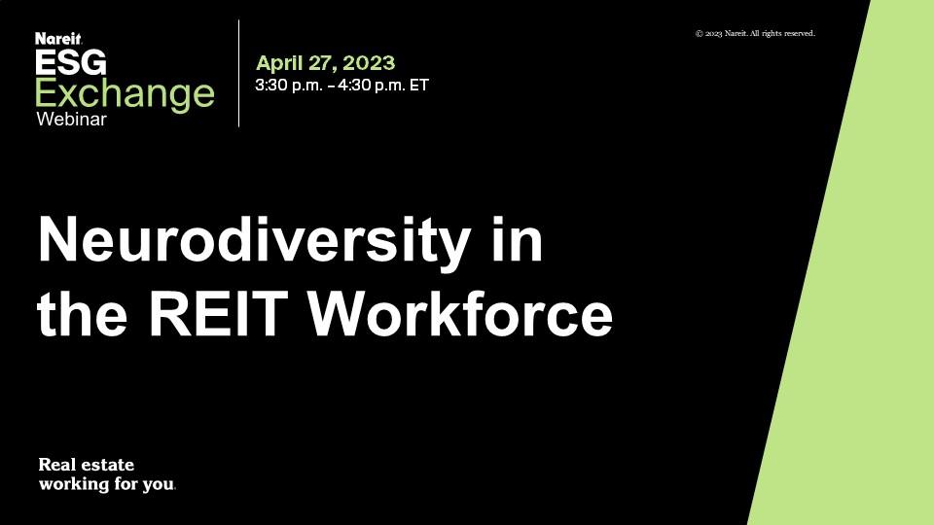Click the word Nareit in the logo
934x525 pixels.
pos(57,39)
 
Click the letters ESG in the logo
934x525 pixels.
pos(71,62)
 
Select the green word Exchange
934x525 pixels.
pos(125,94)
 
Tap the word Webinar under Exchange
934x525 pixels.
pos(71,119)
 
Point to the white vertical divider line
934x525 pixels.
pos(239,73)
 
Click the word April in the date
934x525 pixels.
pos(279,63)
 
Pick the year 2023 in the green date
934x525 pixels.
pos(369,62)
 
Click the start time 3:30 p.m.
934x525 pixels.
pos(289,86)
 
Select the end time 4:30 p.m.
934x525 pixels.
pos(372,86)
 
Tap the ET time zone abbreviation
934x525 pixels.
pos(419,86)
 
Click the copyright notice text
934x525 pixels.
pos(755,33)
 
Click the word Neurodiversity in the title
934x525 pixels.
pos(254,239)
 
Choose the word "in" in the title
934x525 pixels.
pos(517,238)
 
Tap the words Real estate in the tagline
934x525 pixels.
pos(87,465)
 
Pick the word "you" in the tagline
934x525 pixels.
pos(159,484)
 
